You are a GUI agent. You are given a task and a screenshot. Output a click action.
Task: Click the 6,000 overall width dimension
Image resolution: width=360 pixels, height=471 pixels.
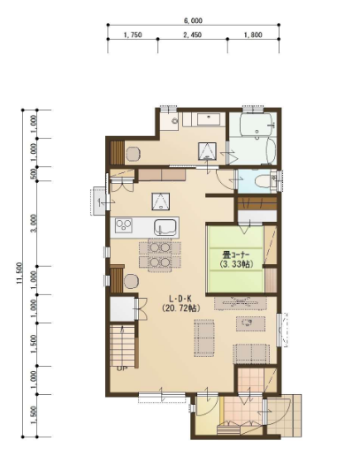click(x=193, y=20)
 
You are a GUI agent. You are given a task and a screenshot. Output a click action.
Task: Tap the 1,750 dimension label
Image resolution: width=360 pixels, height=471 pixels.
click(x=133, y=34)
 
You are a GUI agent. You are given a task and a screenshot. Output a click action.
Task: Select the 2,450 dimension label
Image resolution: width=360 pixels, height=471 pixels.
click(x=193, y=34)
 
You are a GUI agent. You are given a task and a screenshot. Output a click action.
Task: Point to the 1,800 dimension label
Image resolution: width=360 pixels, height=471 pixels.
click(x=253, y=34)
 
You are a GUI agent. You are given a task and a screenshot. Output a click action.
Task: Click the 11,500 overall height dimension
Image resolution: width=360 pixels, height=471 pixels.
click(x=19, y=273)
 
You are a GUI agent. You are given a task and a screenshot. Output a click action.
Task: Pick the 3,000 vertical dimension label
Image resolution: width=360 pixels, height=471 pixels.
click(x=34, y=224)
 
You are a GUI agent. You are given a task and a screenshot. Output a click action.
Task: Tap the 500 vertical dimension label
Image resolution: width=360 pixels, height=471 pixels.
click(x=34, y=173)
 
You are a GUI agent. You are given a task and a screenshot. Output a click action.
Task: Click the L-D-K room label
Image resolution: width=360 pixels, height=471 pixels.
click(x=180, y=299)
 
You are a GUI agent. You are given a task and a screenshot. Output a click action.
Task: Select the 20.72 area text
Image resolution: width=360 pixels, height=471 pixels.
click(x=180, y=308)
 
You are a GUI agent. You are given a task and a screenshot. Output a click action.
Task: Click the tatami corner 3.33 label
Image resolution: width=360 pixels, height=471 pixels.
click(x=236, y=264)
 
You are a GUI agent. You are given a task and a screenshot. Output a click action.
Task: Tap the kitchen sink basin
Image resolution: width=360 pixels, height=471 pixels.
click(x=165, y=227)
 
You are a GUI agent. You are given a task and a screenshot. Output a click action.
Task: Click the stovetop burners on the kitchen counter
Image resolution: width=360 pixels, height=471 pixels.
click(x=124, y=224)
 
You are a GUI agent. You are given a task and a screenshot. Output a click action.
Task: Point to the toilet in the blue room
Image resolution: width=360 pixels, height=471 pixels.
click(x=263, y=181)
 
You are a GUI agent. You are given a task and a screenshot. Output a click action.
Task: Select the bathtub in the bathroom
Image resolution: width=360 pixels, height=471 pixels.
click(x=257, y=124)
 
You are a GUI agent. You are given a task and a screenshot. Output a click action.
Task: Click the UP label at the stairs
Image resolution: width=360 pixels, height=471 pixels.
click(x=121, y=368)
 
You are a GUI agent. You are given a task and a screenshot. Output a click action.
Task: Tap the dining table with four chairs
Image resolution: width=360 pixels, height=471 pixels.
click(x=160, y=255)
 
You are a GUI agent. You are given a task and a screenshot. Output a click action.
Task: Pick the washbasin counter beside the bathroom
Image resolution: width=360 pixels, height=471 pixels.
click(x=209, y=119)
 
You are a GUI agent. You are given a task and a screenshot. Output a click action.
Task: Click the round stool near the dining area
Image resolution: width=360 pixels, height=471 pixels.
click(x=132, y=282)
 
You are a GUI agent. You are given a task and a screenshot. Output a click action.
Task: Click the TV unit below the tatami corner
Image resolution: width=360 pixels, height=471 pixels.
click(x=241, y=303)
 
